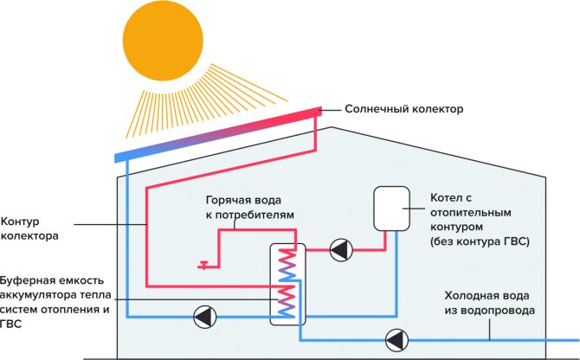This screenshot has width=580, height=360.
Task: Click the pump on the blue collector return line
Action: (x=205, y=317)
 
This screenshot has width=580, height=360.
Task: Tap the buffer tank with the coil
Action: (x=286, y=283)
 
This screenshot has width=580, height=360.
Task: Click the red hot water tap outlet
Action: (x=203, y=265)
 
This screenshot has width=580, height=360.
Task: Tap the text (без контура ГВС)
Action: (x=479, y=240)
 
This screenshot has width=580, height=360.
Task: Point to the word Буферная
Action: (x=29, y=280)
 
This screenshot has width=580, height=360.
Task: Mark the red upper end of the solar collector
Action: (x=316, y=112)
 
